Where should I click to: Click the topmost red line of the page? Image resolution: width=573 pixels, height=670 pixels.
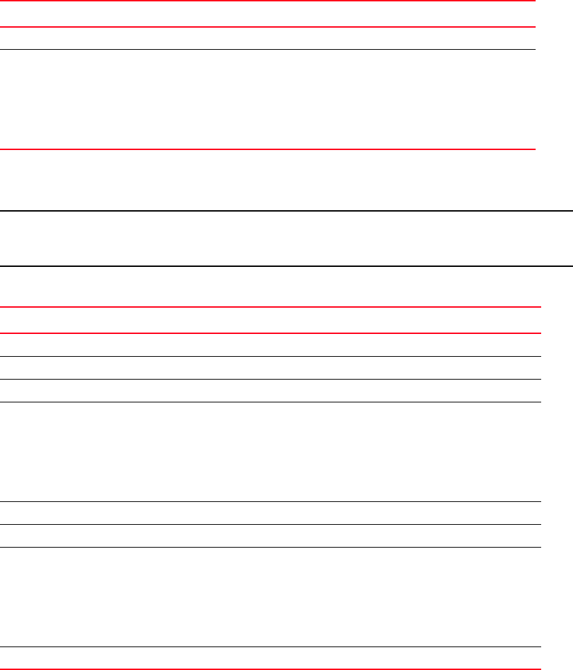pyautogui.click(x=268, y=1)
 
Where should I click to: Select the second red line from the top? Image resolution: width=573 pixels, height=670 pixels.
pyautogui.click(x=268, y=27)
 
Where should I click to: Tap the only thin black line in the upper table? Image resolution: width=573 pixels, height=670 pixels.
pyautogui.click(x=268, y=49)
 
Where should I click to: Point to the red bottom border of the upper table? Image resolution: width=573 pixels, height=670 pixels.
pyautogui.click(x=268, y=149)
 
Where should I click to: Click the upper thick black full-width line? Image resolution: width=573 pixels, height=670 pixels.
pyautogui.click(x=286, y=211)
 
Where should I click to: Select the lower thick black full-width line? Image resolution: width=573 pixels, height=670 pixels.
pyautogui.click(x=286, y=266)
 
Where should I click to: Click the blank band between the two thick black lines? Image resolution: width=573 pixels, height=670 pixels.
pyautogui.click(x=286, y=239)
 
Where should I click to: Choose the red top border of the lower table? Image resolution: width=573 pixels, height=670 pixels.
pyautogui.click(x=270, y=308)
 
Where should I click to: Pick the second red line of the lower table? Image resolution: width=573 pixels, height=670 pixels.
pyautogui.click(x=270, y=334)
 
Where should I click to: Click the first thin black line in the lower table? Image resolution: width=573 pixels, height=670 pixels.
pyautogui.click(x=270, y=356)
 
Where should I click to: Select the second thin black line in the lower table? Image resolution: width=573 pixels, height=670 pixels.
pyautogui.click(x=270, y=379)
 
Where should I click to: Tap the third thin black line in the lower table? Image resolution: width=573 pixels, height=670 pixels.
pyautogui.click(x=270, y=402)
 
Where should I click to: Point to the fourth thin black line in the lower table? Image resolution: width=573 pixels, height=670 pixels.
pyautogui.click(x=270, y=501)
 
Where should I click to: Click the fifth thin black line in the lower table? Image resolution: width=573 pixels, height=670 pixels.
pyautogui.click(x=270, y=524)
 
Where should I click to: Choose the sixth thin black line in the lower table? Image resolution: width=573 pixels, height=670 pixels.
pyautogui.click(x=270, y=547)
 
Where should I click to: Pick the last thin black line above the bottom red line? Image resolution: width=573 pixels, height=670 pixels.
pyautogui.click(x=270, y=646)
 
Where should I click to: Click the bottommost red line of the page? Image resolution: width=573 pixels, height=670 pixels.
pyautogui.click(x=270, y=669)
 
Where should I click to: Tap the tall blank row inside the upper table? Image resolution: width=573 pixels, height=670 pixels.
pyautogui.click(x=268, y=99)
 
